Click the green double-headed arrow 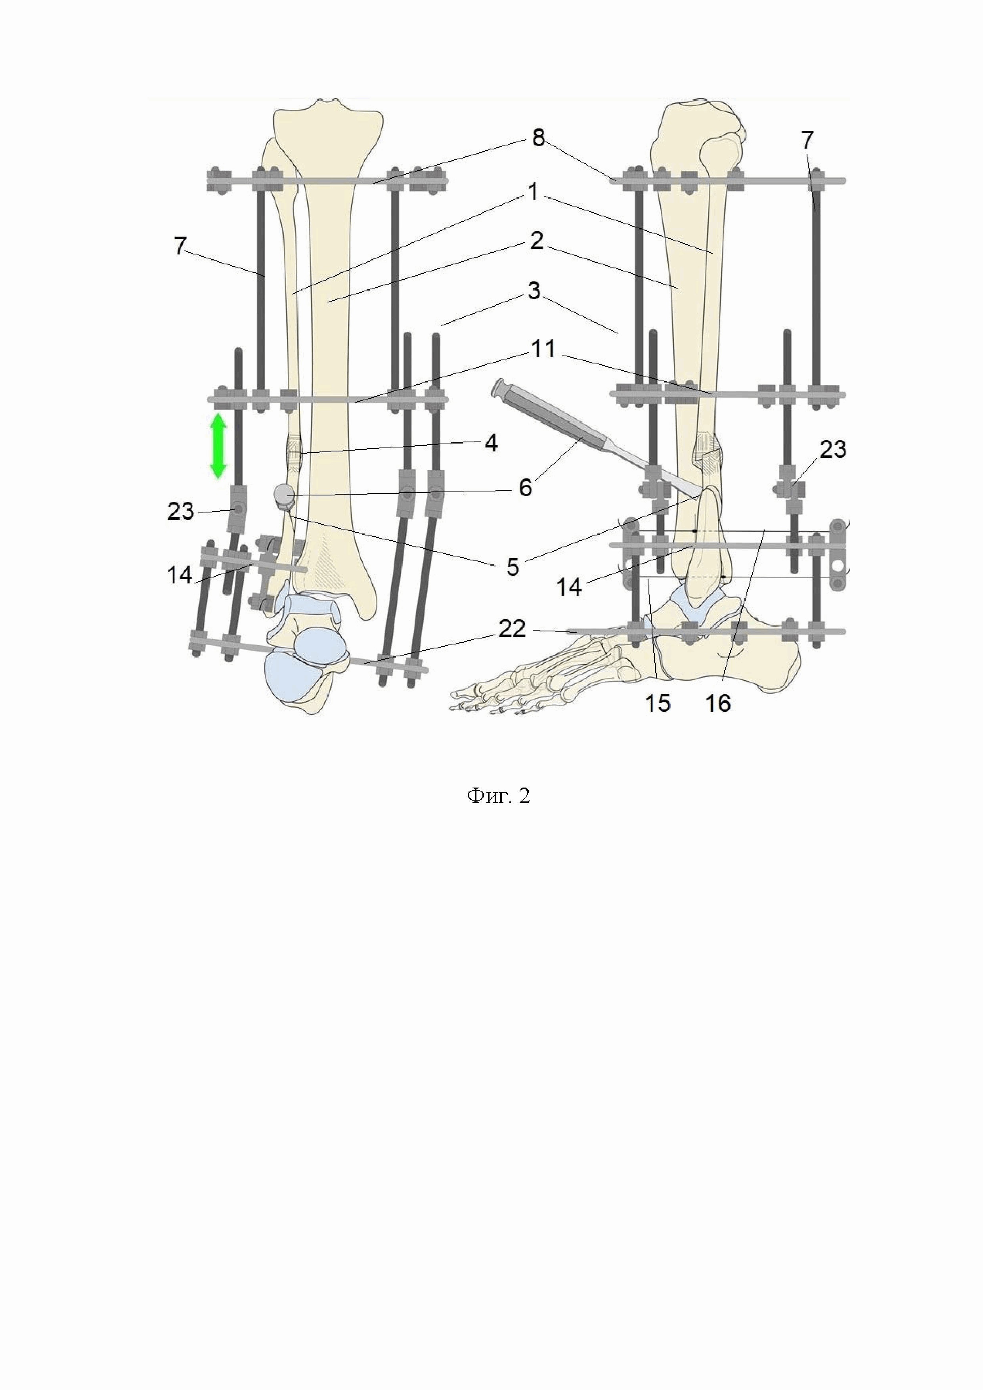point(218,446)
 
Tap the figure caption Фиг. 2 point(498,796)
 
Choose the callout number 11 point(543,349)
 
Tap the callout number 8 point(538,139)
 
